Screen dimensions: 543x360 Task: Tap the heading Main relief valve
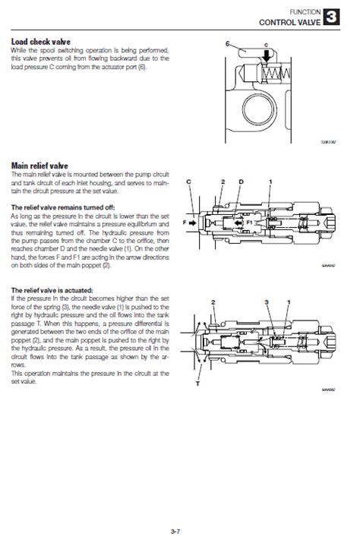pyautogui.click(x=39, y=164)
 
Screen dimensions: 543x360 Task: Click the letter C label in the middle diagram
pyautogui.click(x=188, y=182)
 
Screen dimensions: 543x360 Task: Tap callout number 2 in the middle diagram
pyautogui.click(x=223, y=182)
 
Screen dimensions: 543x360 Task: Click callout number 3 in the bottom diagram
pyautogui.click(x=266, y=302)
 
